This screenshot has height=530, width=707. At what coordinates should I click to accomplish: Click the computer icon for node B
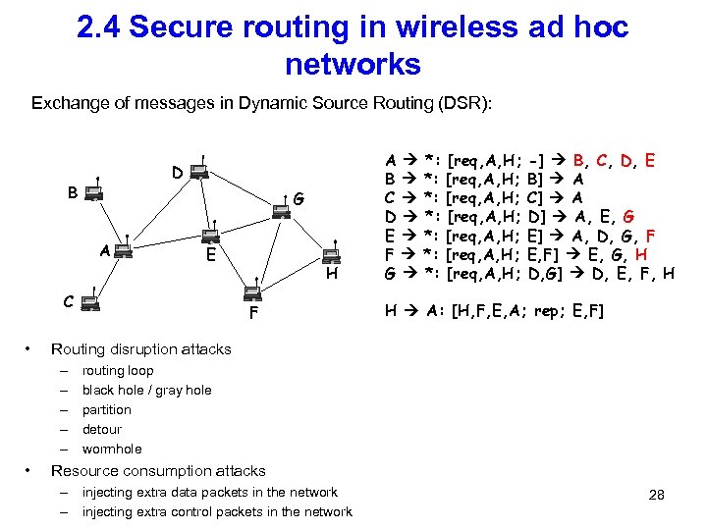click(x=93, y=194)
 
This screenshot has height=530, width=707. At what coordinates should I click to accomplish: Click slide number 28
click(x=657, y=496)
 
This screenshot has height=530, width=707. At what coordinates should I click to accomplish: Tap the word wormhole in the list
click(x=111, y=450)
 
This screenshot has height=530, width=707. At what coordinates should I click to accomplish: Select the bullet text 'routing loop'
click(x=118, y=371)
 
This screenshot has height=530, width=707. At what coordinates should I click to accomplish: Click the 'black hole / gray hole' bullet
click(x=146, y=391)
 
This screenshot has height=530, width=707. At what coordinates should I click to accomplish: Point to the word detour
click(x=102, y=430)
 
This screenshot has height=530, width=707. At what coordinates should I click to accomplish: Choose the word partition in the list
click(x=106, y=410)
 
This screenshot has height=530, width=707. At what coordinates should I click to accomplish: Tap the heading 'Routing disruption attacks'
click(x=140, y=349)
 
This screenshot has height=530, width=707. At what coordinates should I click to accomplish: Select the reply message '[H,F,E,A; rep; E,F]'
click(x=526, y=311)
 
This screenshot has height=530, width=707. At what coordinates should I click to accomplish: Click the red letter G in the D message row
click(x=628, y=216)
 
